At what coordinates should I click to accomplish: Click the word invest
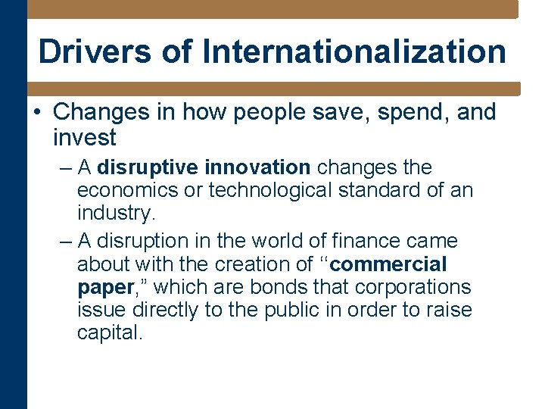(x=84, y=138)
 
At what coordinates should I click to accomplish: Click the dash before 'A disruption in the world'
(x=65, y=242)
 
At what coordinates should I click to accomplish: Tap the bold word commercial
(x=389, y=264)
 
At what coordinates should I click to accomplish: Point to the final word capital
(x=109, y=333)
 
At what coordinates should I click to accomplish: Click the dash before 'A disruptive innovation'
(x=65, y=167)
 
